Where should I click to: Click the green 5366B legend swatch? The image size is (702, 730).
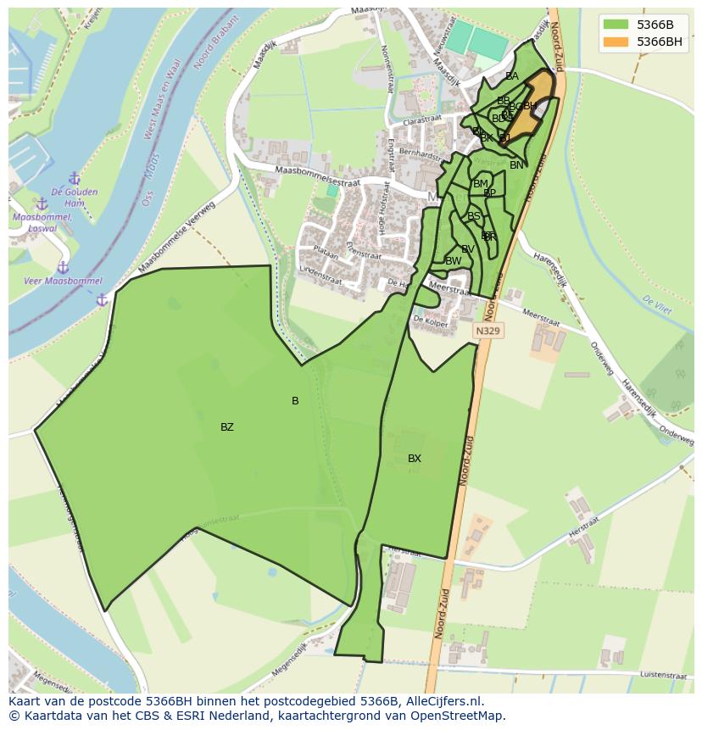click(616, 25)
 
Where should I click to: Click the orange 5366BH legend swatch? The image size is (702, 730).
click(616, 42)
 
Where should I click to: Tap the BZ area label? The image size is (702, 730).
click(226, 427)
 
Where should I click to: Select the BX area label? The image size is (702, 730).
click(414, 459)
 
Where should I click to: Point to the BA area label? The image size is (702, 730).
click(511, 76)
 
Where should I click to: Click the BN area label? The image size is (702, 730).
click(516, 165)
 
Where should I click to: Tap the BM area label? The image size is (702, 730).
click(481, 184)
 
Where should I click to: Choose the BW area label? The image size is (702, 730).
click(453, 261)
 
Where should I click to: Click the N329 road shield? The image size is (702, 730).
click(487, 332)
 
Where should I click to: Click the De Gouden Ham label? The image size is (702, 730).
click(74, 198)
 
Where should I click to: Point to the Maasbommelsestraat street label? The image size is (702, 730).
click(317, 176)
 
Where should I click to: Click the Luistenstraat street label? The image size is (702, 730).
click(663, 676)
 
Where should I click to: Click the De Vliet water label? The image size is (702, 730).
click(656, 305)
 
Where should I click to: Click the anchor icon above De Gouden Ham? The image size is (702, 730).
click(74, 179)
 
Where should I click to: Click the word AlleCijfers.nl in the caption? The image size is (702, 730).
click(442, 702)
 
